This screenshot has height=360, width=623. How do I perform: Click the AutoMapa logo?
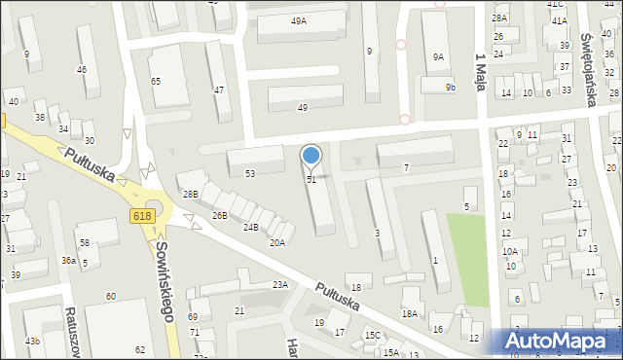click(561, 341)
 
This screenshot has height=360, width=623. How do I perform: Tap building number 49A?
click(299, 20)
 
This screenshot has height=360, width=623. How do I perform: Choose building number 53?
click(250, 173)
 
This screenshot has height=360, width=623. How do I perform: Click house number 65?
click(156, 82)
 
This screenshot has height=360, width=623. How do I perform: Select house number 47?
click(218, 90)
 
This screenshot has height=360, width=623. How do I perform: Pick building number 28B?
click(191, 195)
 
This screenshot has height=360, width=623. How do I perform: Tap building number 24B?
click(251, 227)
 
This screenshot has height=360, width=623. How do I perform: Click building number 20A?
click(277, 242)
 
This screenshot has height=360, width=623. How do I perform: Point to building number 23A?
click(280, 284)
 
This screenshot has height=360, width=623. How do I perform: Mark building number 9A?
click(438, 57)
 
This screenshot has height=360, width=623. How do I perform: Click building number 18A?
click(410, 313)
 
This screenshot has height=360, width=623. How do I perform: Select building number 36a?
click(68, 260)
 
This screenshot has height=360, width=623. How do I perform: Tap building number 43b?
click(33, 341)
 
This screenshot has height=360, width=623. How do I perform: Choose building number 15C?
click(373, 335)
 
